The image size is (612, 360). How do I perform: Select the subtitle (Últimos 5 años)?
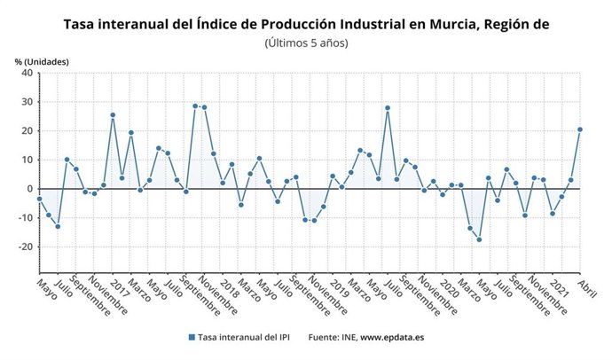pyautogui.click(x=306, y=43)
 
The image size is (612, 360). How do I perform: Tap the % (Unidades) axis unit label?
pyautogui.click(x=41, y=61)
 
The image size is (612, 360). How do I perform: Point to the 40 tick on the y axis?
pyautogui.click(x=27, y=74)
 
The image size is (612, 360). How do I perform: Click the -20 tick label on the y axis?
pyautogui.click(x=25, y=247)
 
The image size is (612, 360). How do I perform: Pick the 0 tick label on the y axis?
pyautogui.click(x=29, y=189)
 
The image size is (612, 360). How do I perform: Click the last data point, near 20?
pyautogui.click(x=580, y=129)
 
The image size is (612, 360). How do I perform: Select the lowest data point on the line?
pyautogui.click(x=479, y=239)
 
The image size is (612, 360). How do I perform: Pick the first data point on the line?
pyautogui.click(x=39, y=199)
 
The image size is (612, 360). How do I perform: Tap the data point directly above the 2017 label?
pyautogui.click(x=113, y=114)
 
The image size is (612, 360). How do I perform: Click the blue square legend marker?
pyautogui.click(x=192, y=337)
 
